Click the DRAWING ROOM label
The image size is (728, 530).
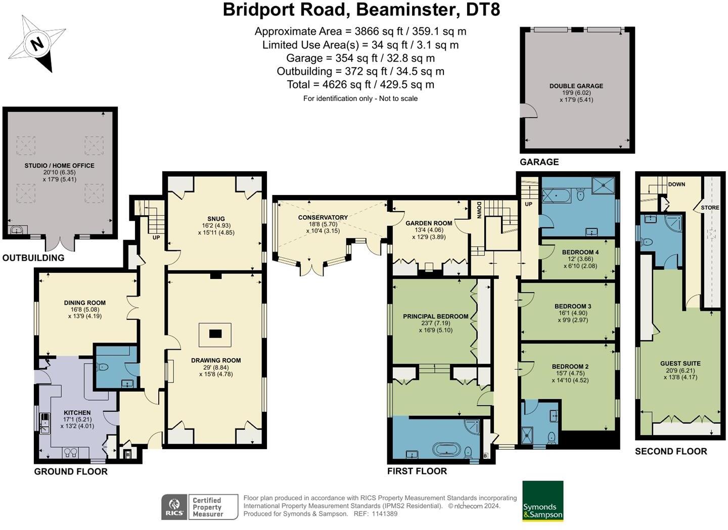(x=216, y=360)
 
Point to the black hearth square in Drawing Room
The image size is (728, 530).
(x=215, y=333)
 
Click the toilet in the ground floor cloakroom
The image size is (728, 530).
(x=102, y=367)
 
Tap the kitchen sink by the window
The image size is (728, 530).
(x=44, y=423)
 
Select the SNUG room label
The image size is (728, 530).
(x=216, y=219)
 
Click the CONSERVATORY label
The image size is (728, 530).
(x=323, y=217)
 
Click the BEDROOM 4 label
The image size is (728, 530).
(x=580, y=252)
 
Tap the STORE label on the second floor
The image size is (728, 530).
(x=710, y=207)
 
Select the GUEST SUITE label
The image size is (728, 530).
(x=680, y=363)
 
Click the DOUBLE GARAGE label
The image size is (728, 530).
(x=576, y=86)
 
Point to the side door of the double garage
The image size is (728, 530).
(x=528, y=111)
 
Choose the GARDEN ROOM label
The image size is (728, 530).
(x=429, y=223)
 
